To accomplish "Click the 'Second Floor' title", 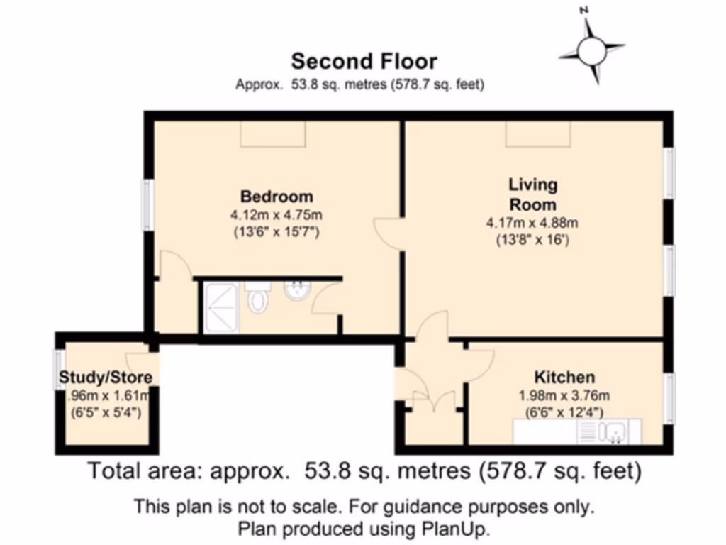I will pos(364,62).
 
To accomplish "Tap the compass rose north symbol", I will pos(591,50).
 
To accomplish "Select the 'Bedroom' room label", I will pos(277,197).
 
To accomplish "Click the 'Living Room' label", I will pos(533,194).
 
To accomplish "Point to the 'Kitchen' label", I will pos(564,377).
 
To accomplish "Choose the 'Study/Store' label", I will pos(106,378).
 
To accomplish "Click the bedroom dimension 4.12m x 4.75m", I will pos(277,214).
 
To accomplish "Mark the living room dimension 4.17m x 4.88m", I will pos(532,223).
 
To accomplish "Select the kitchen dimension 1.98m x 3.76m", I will pos(565,395).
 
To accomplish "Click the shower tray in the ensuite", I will pos(222,307).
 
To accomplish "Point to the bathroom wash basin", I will pos(295,290).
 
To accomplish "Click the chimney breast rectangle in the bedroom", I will pos(273,134).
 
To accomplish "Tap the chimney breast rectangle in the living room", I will pos(537,134).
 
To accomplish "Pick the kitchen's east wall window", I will pos(668,399).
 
